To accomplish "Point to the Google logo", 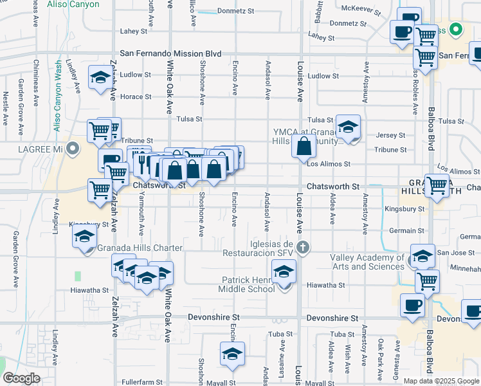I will pos(22,378).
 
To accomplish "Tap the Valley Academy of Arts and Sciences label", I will pos(367,262).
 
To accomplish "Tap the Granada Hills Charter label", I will pos(140,248).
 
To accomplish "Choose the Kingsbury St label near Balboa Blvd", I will pos(404,208).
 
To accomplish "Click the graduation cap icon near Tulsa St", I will pos(348,127).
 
